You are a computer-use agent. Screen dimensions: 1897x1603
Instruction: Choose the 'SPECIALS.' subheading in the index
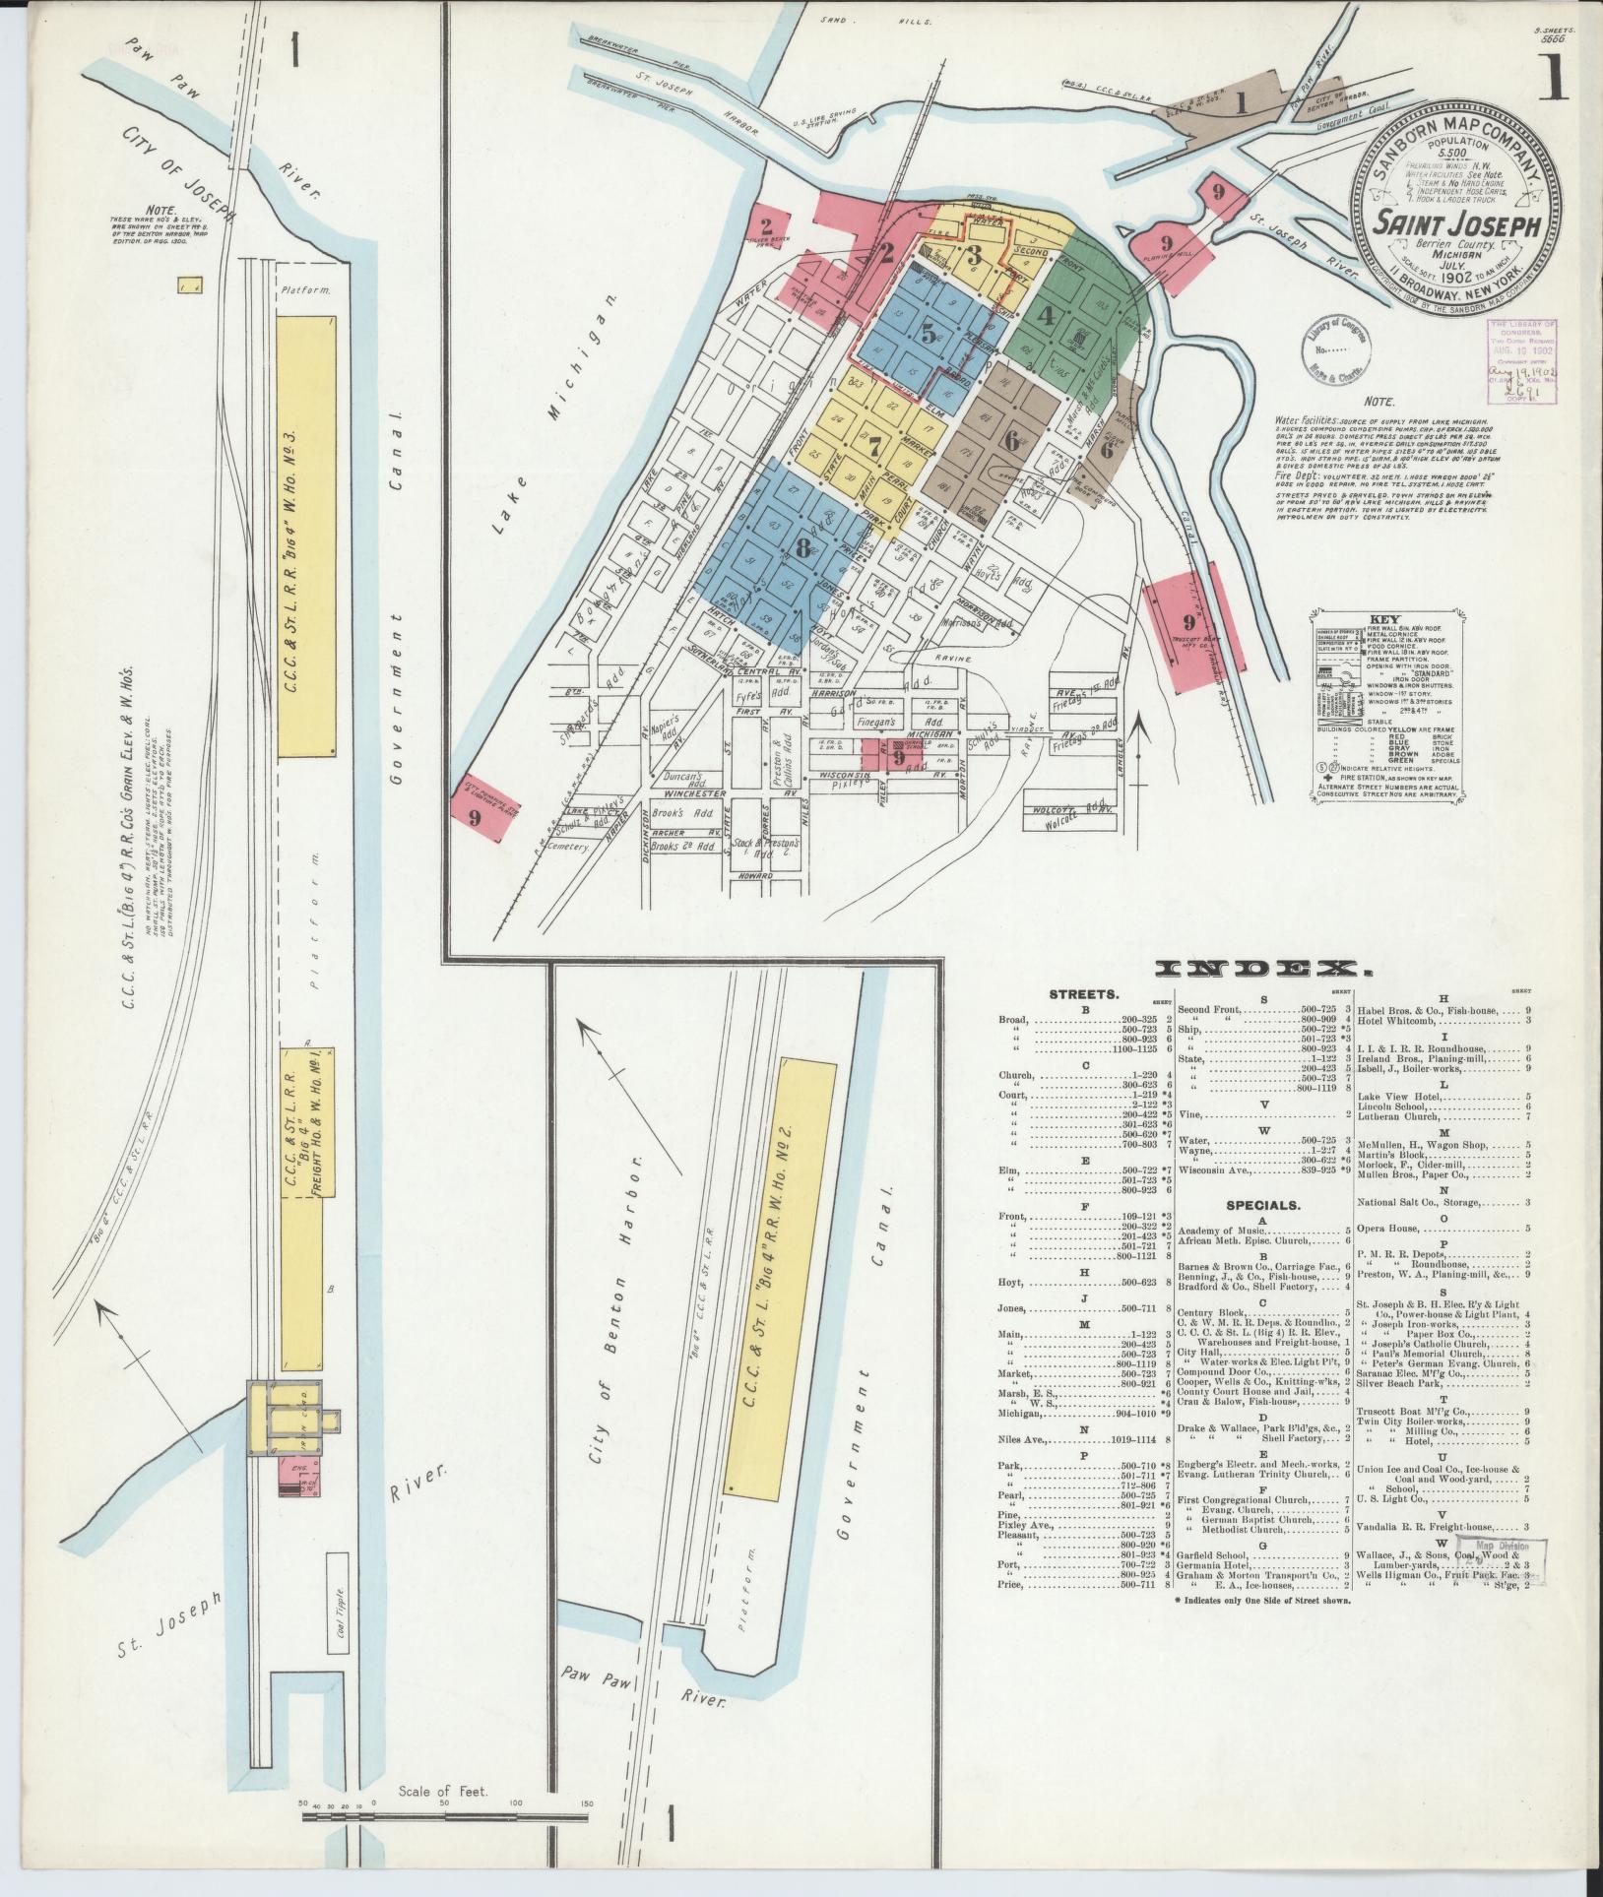point(1262,1204)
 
